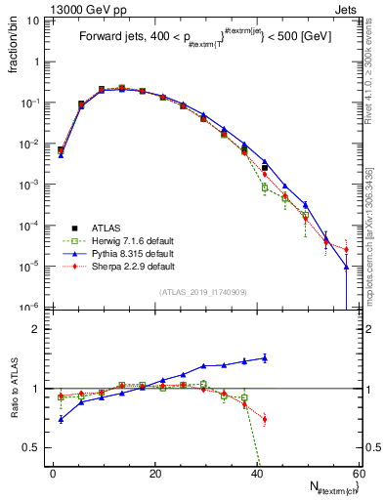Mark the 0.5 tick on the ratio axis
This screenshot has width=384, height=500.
pyautogui.click(x=34, y=447)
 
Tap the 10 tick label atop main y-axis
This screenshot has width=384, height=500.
pyautogui.click(x=33, y=20)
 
